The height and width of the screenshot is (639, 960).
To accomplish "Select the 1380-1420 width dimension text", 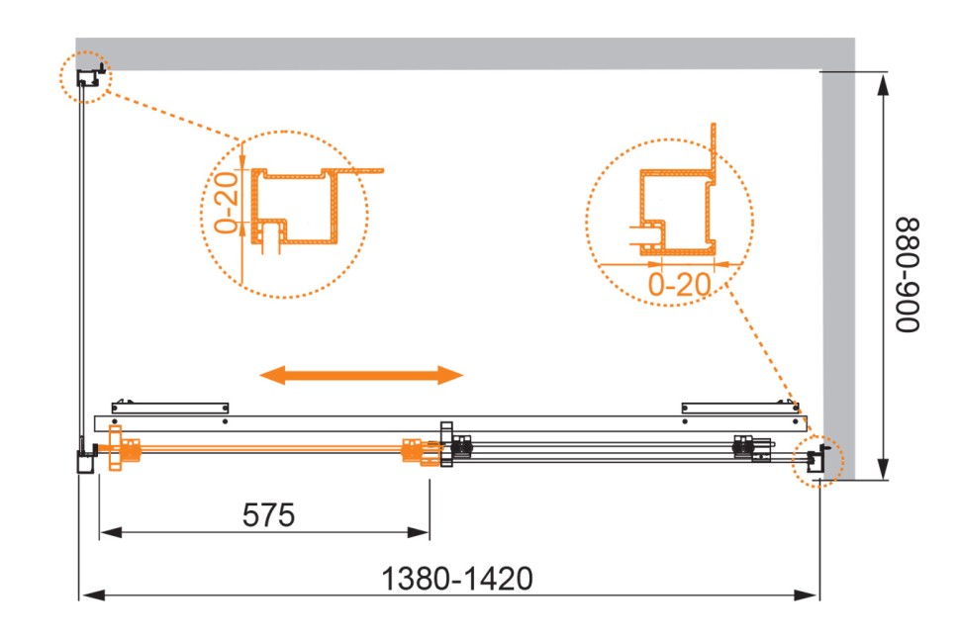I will coord(456,578).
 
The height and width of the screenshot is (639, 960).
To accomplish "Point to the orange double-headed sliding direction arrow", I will coord(361,374).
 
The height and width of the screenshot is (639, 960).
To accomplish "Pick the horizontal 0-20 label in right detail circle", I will coord(680,285).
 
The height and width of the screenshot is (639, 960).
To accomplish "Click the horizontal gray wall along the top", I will coord(465,53).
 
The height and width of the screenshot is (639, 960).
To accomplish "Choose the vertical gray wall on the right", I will coord(837,247).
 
